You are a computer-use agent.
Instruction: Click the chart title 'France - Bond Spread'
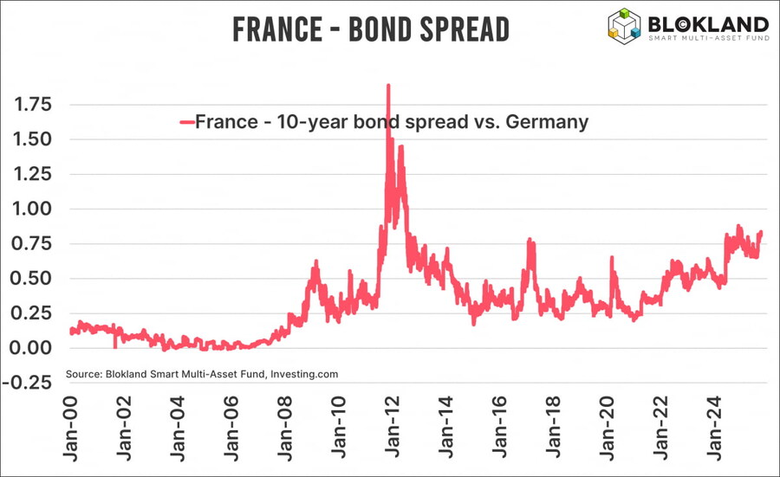[370, 29]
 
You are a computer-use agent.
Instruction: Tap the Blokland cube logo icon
[624, 25]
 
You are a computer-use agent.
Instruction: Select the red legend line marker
[185, 121]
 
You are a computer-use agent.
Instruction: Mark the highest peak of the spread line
[388, 86]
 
